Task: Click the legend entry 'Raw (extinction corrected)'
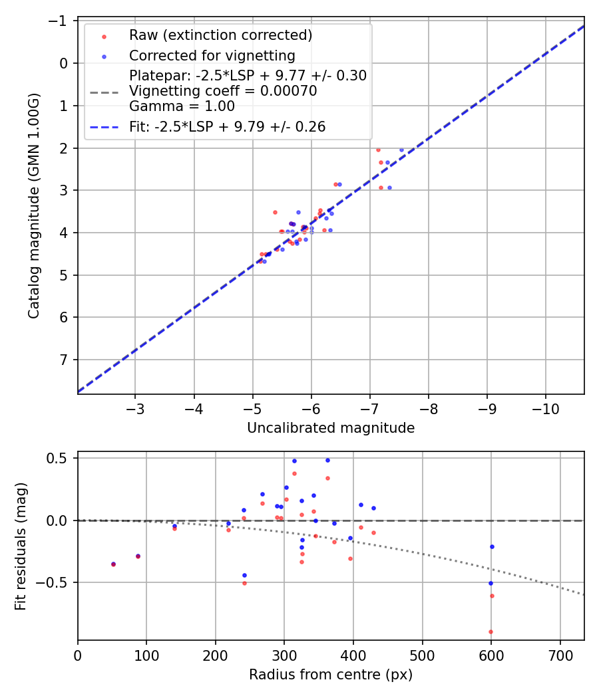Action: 220,35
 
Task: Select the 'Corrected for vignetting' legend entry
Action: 212,55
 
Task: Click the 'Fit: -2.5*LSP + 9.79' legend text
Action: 227,127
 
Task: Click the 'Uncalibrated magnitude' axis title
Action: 331,428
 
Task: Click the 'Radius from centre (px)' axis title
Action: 331,675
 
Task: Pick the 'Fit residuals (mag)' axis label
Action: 21,546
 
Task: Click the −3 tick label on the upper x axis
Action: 135,406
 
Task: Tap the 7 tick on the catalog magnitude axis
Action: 64,360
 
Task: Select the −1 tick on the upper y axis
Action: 61,21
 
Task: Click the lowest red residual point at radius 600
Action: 491,632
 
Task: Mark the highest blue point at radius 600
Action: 492,546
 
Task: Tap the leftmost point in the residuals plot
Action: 113,564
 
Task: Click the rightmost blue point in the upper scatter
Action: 401,150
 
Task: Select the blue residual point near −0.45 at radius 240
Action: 244,575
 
